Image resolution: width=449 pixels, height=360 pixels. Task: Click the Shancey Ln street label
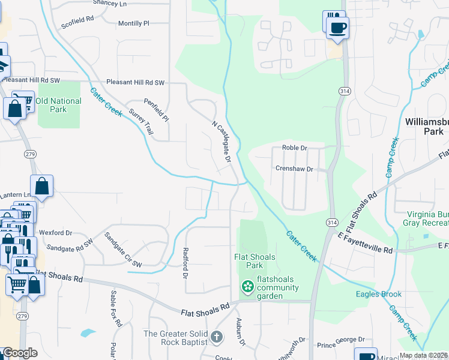pos(110,3)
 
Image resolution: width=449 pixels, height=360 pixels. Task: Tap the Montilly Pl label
pos(133,23)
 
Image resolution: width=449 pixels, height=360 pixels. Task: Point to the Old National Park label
pos(58,106)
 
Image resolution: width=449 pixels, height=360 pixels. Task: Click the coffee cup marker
pos(337,26)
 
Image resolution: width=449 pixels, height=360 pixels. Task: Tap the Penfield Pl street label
pos(156,110)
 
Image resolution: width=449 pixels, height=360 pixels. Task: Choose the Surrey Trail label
pos(141,120)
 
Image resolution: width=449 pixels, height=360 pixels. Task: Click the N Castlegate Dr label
pos(221,141)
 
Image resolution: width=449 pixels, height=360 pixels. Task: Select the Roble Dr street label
pos(294,148)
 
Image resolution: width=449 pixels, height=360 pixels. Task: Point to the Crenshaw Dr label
pos(294,169)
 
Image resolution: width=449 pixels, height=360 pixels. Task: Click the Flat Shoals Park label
pos(255,261)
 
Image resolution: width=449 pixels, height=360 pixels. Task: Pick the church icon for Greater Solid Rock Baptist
pos(217,338)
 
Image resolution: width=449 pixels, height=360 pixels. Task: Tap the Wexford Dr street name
pos(55,233)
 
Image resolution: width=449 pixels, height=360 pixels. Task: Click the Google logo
pos(20,353)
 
